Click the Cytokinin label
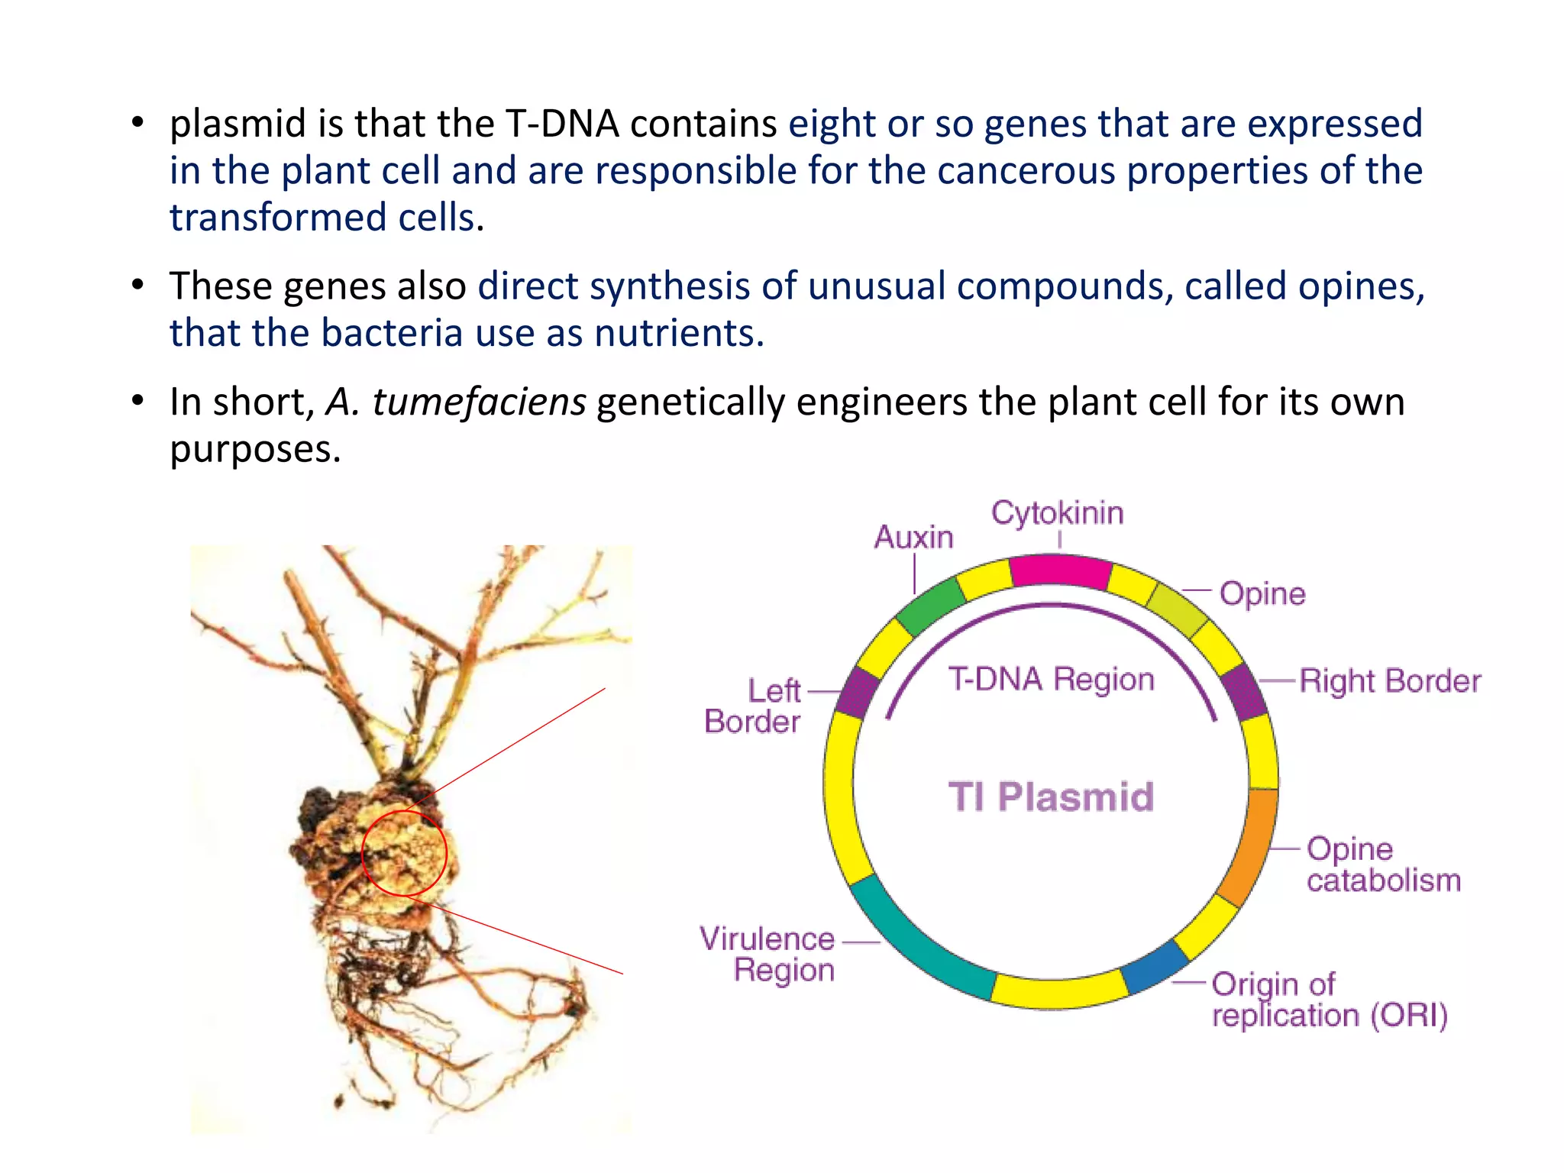click(1057, 513)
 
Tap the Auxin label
click(913, 538)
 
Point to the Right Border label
click(1389, 681)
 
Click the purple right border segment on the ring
click(1244, 692)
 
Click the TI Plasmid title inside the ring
click(1051, 797)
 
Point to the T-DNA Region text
click(1051, 680)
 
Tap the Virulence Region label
click(767, 955)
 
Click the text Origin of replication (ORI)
click(1329, 1000)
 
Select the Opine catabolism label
click(1382, 864)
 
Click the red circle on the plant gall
click(403, 852)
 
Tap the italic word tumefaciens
click(479, 402)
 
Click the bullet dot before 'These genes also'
click(137, 286)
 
